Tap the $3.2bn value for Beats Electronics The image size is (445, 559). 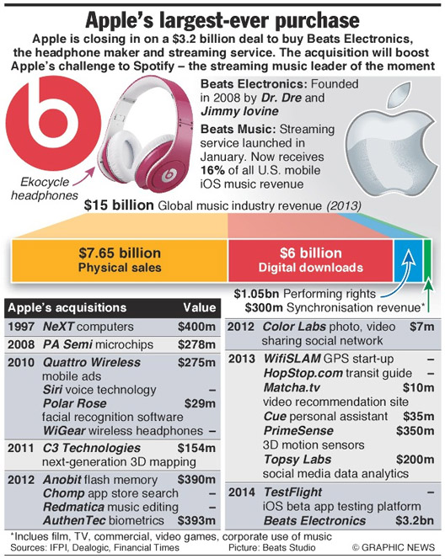click(416, 522)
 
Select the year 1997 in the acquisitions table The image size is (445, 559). click(22, 326)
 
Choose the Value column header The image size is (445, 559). click(199, 307)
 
